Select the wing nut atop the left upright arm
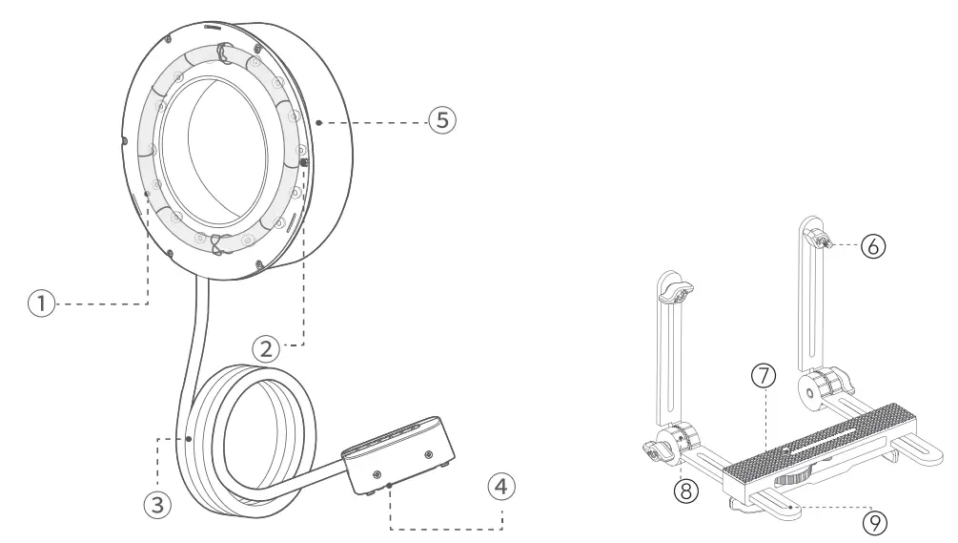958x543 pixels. point(677,292)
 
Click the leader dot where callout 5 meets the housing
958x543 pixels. point(320,121)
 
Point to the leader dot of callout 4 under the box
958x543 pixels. point(391,487)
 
